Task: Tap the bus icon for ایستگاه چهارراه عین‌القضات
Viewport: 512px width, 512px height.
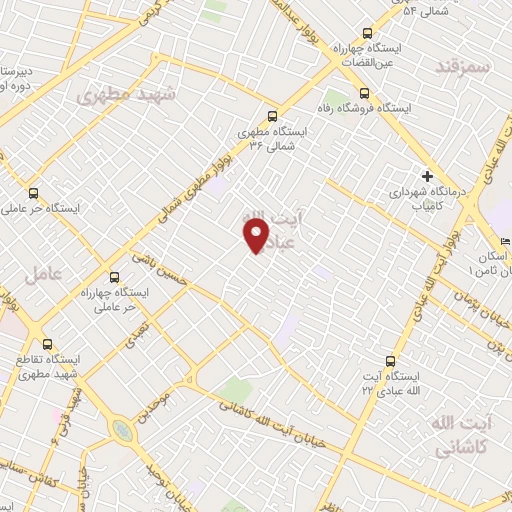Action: tap(367, 32)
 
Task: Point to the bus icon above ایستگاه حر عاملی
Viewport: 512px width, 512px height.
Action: tap(34, 194)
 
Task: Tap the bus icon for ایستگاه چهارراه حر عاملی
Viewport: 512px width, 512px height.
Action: tap(112, 277)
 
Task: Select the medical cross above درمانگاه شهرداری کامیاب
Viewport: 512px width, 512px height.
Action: tap(426, 173)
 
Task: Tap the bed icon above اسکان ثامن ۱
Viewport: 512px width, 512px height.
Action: tap(505, 241)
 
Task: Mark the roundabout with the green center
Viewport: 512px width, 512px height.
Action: tap(122, 429)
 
